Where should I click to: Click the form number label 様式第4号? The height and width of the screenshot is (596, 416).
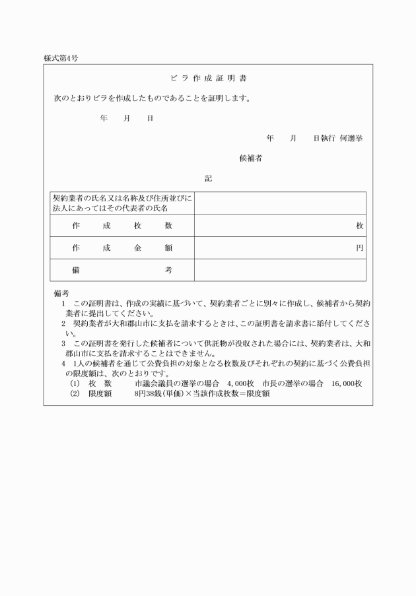point(61,58)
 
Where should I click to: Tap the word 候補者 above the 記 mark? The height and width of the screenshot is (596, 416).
point(251,158)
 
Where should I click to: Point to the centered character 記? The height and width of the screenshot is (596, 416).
point(208,178)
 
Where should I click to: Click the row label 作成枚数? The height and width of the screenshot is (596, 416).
point(122,226)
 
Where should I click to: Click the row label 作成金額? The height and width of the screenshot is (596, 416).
point(122,248)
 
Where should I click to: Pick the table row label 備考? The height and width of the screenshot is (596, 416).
point(122,270)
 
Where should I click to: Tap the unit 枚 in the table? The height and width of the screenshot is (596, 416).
point(359,226)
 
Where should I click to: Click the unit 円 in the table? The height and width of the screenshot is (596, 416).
point(359,248)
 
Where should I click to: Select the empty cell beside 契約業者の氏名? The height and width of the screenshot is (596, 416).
point(279,203)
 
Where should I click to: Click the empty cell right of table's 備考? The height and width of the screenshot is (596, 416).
point(279,270)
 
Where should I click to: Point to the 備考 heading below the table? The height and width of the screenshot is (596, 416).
point(61,292)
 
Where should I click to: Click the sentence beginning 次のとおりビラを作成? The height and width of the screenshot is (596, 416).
point(152,98)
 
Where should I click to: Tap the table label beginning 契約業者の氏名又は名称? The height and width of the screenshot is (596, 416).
point(122,203)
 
